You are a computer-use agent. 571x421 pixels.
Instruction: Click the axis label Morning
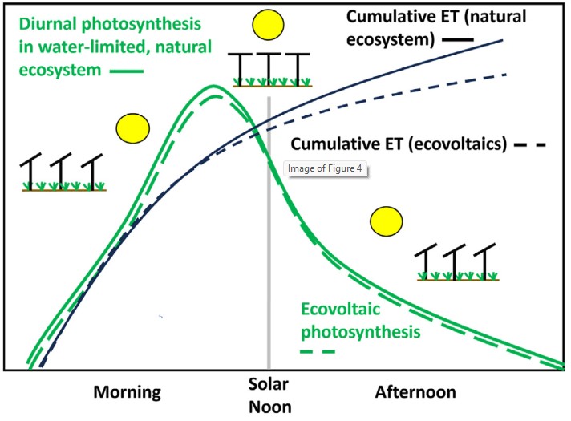coord(128,392)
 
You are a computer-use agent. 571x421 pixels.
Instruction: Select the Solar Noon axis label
coord(269,399)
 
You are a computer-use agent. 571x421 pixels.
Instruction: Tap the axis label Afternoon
coord(415,392)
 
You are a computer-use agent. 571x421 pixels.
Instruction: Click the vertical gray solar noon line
coord(269,241)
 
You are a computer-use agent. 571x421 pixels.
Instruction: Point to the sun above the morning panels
coord(132,128)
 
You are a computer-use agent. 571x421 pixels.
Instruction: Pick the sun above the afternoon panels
coord(388,222)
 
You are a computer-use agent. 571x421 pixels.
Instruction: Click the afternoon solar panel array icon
coord(456,265)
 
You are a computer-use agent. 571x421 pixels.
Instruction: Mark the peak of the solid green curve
coord(213,87)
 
